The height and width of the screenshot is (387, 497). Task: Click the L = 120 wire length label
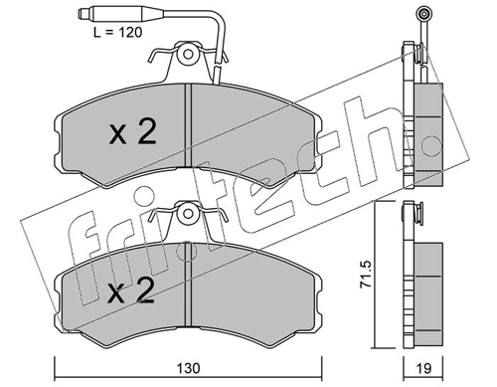[x=117, y=32]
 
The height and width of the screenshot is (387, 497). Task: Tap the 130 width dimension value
[x=188, y=368]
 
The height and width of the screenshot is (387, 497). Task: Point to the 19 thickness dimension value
[x=423, y=369]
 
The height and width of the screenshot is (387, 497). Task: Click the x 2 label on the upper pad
[x=132, y=133]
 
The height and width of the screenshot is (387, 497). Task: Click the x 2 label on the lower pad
[x=131, y=290]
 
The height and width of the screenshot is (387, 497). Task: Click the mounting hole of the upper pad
[x=188, y=54]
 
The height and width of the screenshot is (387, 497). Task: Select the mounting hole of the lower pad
[x=188, y=213]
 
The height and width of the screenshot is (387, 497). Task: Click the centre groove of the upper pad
[x=188, y=125]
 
